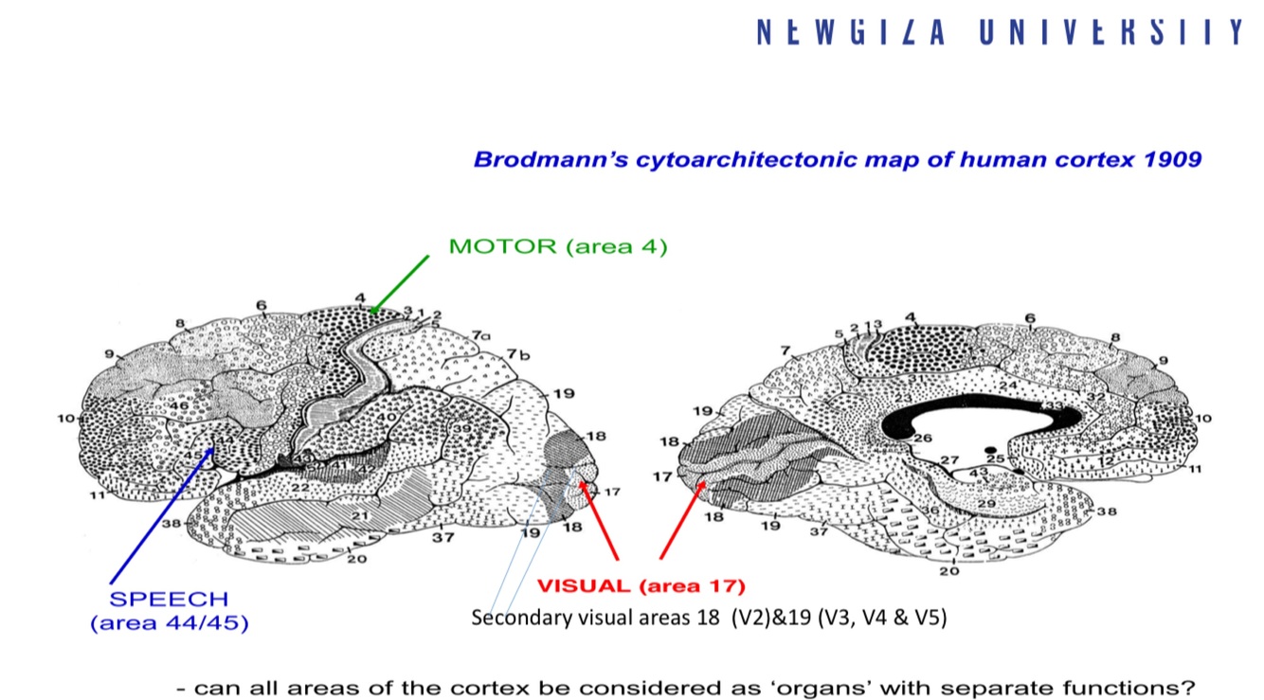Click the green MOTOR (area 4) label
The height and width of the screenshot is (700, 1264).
point(558,247)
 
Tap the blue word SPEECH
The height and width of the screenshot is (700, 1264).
point(169,600)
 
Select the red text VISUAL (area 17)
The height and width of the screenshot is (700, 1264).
point(641,585)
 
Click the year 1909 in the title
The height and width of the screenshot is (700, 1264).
point(1171,159)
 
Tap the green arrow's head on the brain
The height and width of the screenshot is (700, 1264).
point(373,310)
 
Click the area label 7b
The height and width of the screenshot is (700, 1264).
point(517,354)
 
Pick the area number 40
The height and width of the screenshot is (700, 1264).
point(387,417)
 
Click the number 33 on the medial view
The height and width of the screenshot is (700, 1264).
point(1053,406)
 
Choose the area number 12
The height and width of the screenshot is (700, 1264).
point(1105,460)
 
